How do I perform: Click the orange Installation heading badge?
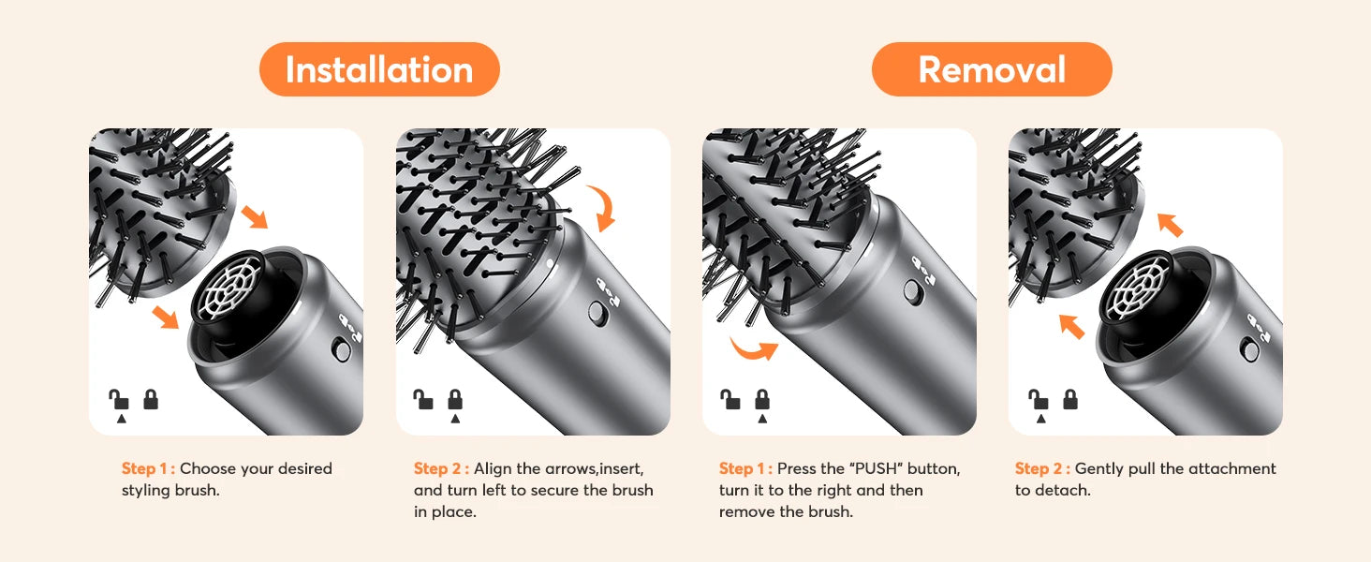pyautogui.click(x=379, y=69)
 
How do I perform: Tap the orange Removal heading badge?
pyautogui.click(x=992, y=69)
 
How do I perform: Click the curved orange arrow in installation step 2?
pyautogui.click(x=604, y=207)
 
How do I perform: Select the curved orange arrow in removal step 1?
pyautogui.click(x=753, y=349)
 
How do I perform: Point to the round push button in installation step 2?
pyautogui.click(x=597, y=313)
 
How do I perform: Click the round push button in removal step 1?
pyautogui.click(x=912, y=292)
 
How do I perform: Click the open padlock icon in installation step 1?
pyautogui.click(x=119, y=399)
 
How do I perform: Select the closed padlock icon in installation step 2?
pyautogui.click(x=455, y=399)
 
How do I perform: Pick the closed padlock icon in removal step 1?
pyautogui.click(x=762, y=399)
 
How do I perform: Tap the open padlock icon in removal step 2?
pyautogui.click(x=1038, y=399)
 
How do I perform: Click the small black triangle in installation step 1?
pyautogui.click(x=121, y=419)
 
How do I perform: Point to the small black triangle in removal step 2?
pyautogui.click(x=1040, y=419)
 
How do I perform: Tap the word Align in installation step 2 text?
pyautogui.click(x=493, y=469)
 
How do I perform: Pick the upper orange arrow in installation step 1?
pyautogui.click(x=254, y=216)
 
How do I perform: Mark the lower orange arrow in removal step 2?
pyautogui.click(x=1071, y=326)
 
